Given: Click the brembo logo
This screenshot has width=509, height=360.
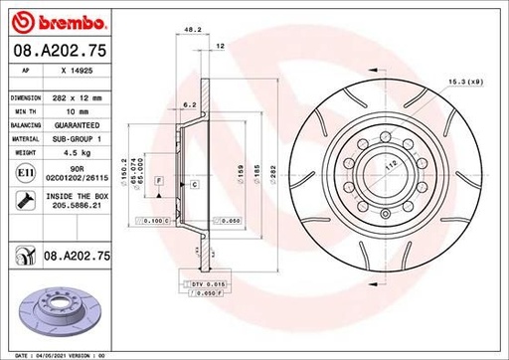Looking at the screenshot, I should click(47, 21).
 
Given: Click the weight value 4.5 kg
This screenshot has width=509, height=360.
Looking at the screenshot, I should click(62, 154).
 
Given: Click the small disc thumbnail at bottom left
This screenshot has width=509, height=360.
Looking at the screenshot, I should click(38, 310).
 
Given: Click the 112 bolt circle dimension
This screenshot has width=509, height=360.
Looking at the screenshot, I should click(391, 166).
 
